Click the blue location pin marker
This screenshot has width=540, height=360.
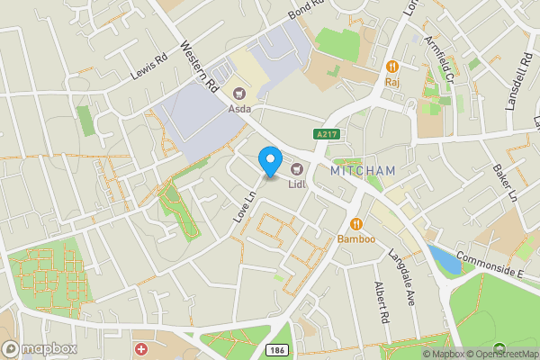click(x=269, y=160)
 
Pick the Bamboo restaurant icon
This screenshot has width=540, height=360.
click(x=355, y=224)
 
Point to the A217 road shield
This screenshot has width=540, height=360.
click(x=328, y=134)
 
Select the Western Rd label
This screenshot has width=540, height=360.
click(x=200, y=67)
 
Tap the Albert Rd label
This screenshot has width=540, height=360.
click(x=382, y=302)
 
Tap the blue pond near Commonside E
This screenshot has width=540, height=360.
click(x=445, y=259)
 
